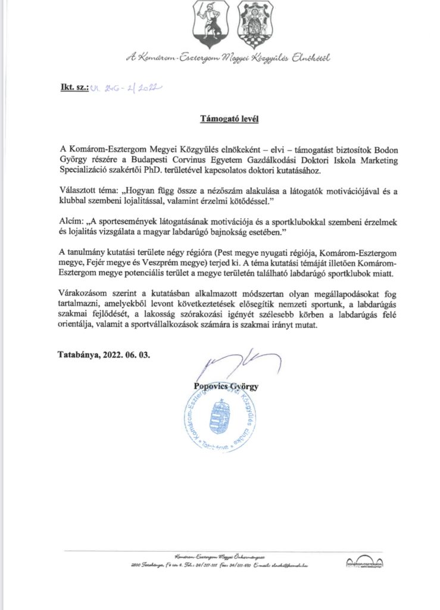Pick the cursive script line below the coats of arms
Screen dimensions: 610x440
pyautogui.click(x=227, y=58)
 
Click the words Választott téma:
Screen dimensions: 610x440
pyautogui.click(x=89, y=191)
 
